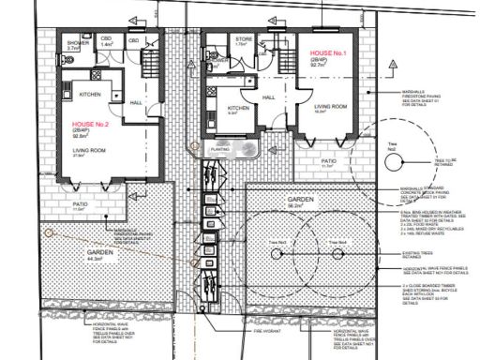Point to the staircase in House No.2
pyautogui.click(x=148, y=63)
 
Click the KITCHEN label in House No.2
pyautogui.click(x=90, y=95)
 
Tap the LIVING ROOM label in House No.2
pyautogui.click(x=92, y=150)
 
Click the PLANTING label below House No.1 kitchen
pyautogui.click(x=220, y=148)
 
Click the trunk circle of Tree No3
pyautogui.click(x=335, y=248)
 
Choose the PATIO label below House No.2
pyautogui.click(x=81, y=204)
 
